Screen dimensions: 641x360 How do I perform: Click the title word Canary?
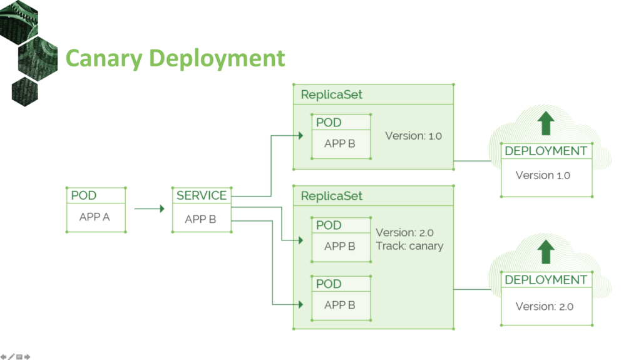pos(104,58)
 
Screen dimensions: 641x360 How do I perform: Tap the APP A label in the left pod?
pos(95,217)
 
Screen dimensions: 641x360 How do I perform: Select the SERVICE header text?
pos(202,195)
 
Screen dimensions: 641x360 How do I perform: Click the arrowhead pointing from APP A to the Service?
pos(162,208)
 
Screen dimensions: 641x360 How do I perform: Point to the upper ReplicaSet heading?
pos(332,95)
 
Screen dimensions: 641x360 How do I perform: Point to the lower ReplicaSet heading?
pos(332,196)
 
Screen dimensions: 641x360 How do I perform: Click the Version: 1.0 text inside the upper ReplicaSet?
pos(413,136)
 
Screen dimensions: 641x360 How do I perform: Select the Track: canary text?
pos(409,246)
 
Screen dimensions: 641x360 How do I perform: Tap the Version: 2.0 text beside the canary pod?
pos(405,233)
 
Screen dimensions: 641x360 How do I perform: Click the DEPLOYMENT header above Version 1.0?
pos(546,151)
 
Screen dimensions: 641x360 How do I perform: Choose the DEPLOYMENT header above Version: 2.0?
pos(546,280)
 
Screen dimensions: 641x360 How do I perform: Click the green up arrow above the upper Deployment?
pos(546,123)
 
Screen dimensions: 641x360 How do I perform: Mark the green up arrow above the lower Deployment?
pos(546,252)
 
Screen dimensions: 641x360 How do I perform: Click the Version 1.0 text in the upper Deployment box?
pos(543,175)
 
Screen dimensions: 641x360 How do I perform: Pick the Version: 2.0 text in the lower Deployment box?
pos(545,306)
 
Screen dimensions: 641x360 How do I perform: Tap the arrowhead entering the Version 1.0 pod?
pos(300,135)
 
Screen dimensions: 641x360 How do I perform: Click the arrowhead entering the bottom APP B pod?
pos(300,304)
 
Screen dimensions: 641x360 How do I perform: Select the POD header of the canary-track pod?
pos(329,225)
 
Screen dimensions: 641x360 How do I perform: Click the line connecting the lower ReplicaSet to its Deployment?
pos(472,289)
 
